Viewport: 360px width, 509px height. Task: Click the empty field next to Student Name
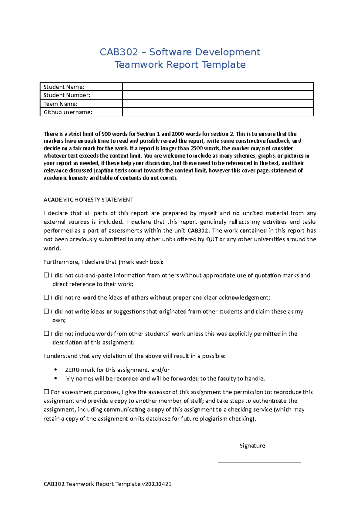click(218, 87)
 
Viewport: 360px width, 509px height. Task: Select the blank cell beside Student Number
click(218, 95)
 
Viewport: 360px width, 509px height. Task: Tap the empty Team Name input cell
click(218, 104)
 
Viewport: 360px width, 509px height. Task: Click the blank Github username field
click(218, 112)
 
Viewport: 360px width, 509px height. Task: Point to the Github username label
click(68, 112)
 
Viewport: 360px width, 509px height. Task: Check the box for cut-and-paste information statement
click(46, 275)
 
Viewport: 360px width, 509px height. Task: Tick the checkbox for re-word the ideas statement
click(46, 297)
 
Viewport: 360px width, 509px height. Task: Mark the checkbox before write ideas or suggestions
click(46, 311)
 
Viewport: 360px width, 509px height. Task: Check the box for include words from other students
click(46, 333)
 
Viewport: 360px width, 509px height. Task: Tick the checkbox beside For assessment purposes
click(46, 391)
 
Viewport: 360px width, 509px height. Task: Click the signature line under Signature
click(259, 462)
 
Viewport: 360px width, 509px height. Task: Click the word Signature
click(252, 446)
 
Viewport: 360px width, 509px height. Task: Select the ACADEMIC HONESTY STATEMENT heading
click(88, 200)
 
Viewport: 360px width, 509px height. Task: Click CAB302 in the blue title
click(118, 52)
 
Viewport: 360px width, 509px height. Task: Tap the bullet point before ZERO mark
click(55, 370)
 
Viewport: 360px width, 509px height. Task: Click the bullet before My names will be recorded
click(55, 379)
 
